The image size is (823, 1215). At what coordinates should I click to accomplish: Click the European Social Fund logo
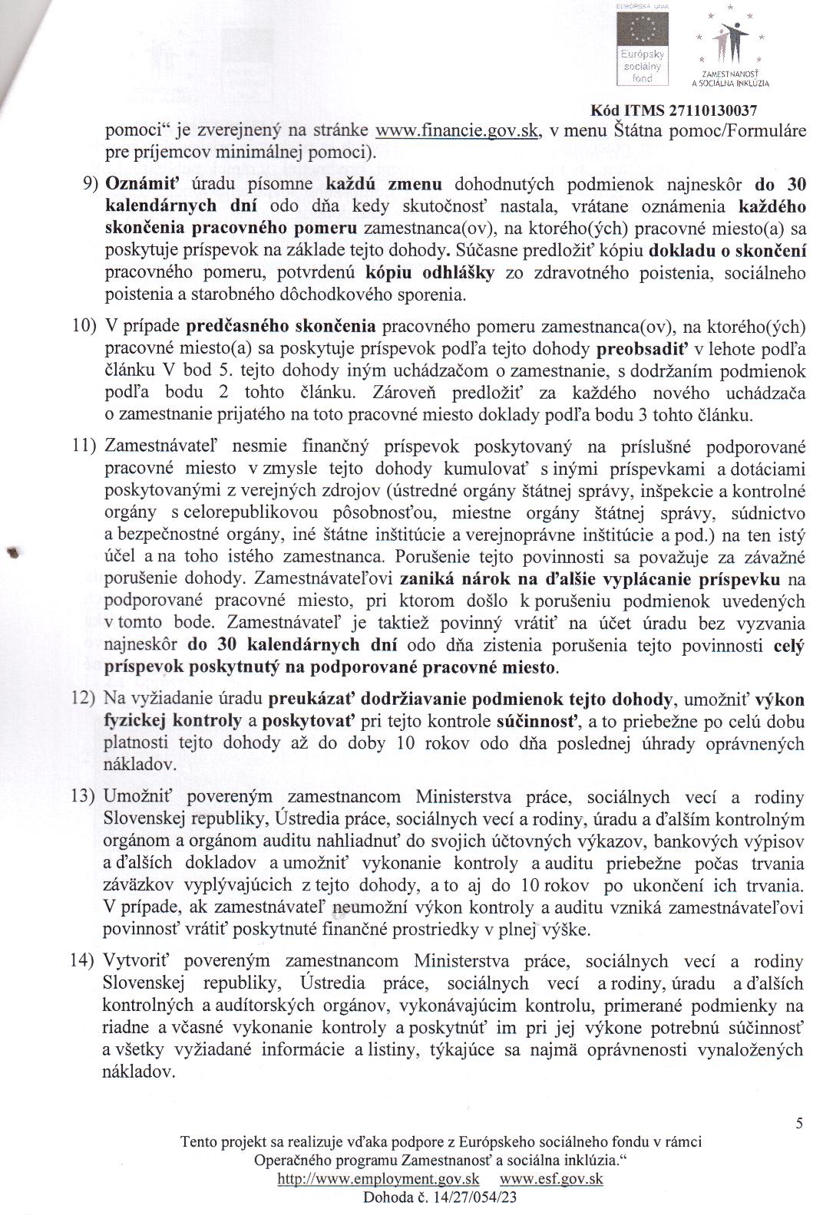(644, 46)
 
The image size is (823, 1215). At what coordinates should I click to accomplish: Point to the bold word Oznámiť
(135, 184)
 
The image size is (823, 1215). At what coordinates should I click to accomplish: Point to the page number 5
(799, 1124)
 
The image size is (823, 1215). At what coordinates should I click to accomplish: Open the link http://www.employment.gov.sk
(378, 1180)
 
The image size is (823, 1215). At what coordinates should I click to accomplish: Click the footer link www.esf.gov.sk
(550, 1180)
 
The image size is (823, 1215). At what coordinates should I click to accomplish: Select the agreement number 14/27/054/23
(472, 1197)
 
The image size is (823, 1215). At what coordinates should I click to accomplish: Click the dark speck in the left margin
(13, 553)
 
